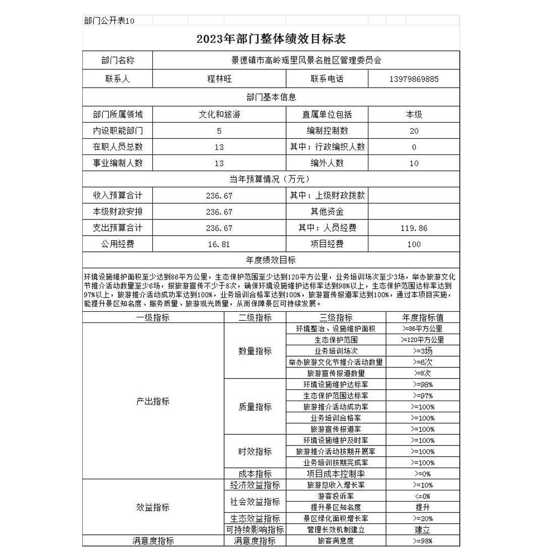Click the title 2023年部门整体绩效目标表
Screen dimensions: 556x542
point(271,39)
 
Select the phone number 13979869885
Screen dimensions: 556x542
point(414,79)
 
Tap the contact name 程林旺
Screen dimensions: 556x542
point(219,79)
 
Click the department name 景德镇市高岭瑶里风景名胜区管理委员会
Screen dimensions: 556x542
point(306,61)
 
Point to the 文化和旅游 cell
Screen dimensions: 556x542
point(219,115)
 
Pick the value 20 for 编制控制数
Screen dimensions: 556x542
point(414,131)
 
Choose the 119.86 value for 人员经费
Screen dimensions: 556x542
point(414,228)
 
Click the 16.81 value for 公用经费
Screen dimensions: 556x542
point(219,244)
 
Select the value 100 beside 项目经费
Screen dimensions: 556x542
point(414,244)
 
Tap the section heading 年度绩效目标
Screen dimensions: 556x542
point(271,260)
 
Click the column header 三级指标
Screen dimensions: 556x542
point(336,318)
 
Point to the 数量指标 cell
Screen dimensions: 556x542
point(255,351)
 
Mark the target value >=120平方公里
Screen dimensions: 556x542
point(422,340)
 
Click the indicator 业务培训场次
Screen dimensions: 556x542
point(336,351)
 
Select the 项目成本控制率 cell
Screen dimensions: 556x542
point(336,474)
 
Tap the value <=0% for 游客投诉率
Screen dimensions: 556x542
point(422,496)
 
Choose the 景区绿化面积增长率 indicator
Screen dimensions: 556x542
point(336,518)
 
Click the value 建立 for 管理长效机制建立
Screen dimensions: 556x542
point(422,530)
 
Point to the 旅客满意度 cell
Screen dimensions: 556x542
point(336,541)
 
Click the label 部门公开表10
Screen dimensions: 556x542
point(109,21)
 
